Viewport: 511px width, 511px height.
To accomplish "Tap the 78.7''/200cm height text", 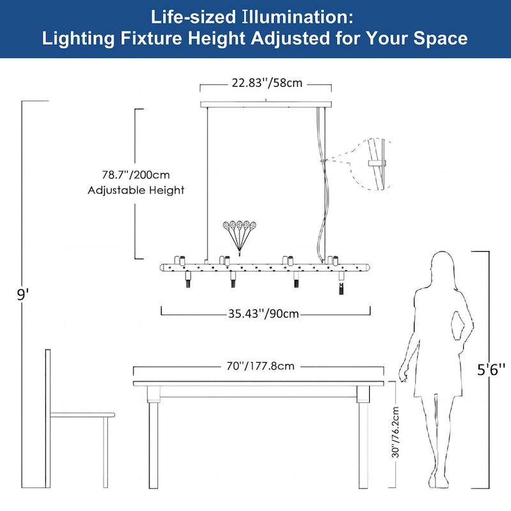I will [x=135, y=174].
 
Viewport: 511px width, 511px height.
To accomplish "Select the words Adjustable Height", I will [x=135, y=190].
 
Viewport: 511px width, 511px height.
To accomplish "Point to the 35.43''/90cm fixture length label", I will [x=265, y=314].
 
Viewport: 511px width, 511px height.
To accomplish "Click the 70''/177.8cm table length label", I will [x=259, y=367].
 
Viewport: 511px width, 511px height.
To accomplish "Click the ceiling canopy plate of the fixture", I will [x=266, y=104].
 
